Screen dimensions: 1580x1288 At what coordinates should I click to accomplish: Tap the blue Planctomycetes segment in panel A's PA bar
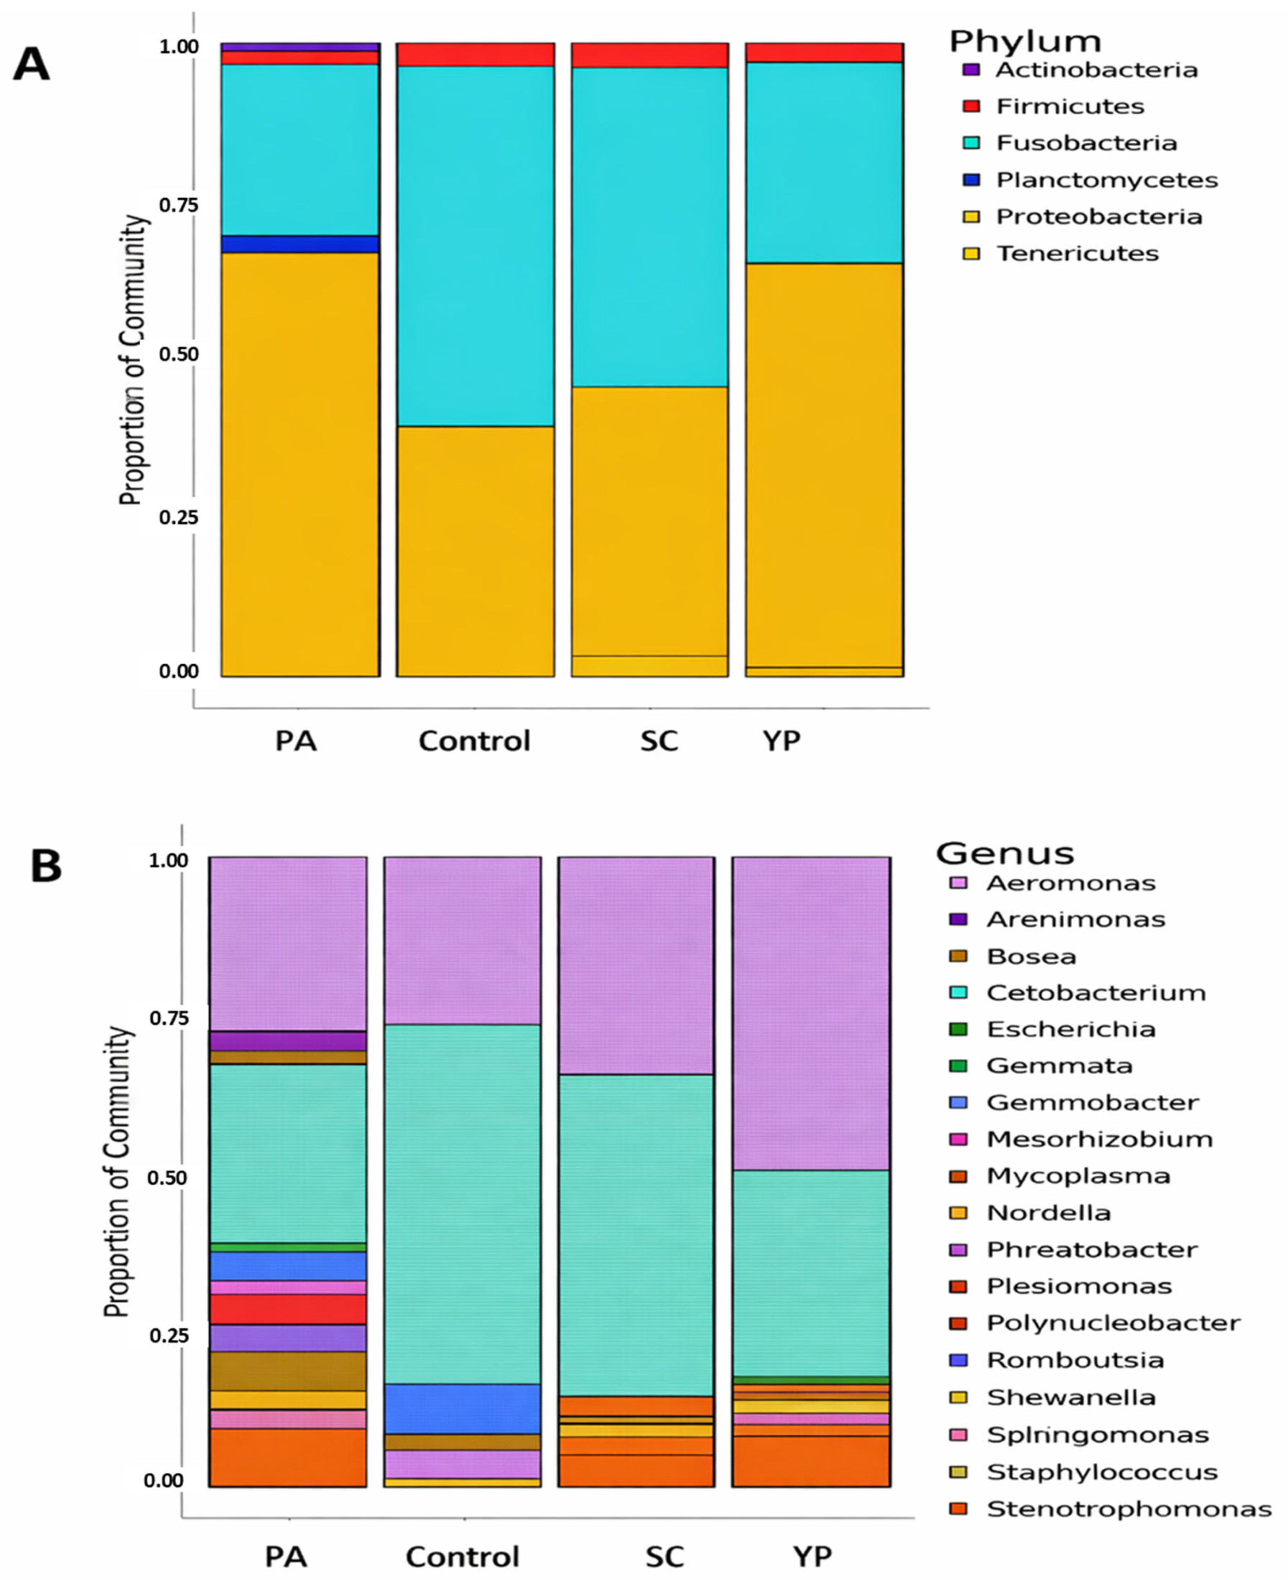[300, 244]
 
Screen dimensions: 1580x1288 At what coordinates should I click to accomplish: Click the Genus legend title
[1004, 854]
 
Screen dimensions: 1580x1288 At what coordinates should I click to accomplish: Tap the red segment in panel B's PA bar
[288, 1309]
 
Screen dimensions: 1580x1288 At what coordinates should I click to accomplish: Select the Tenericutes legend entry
[1076, 253]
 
